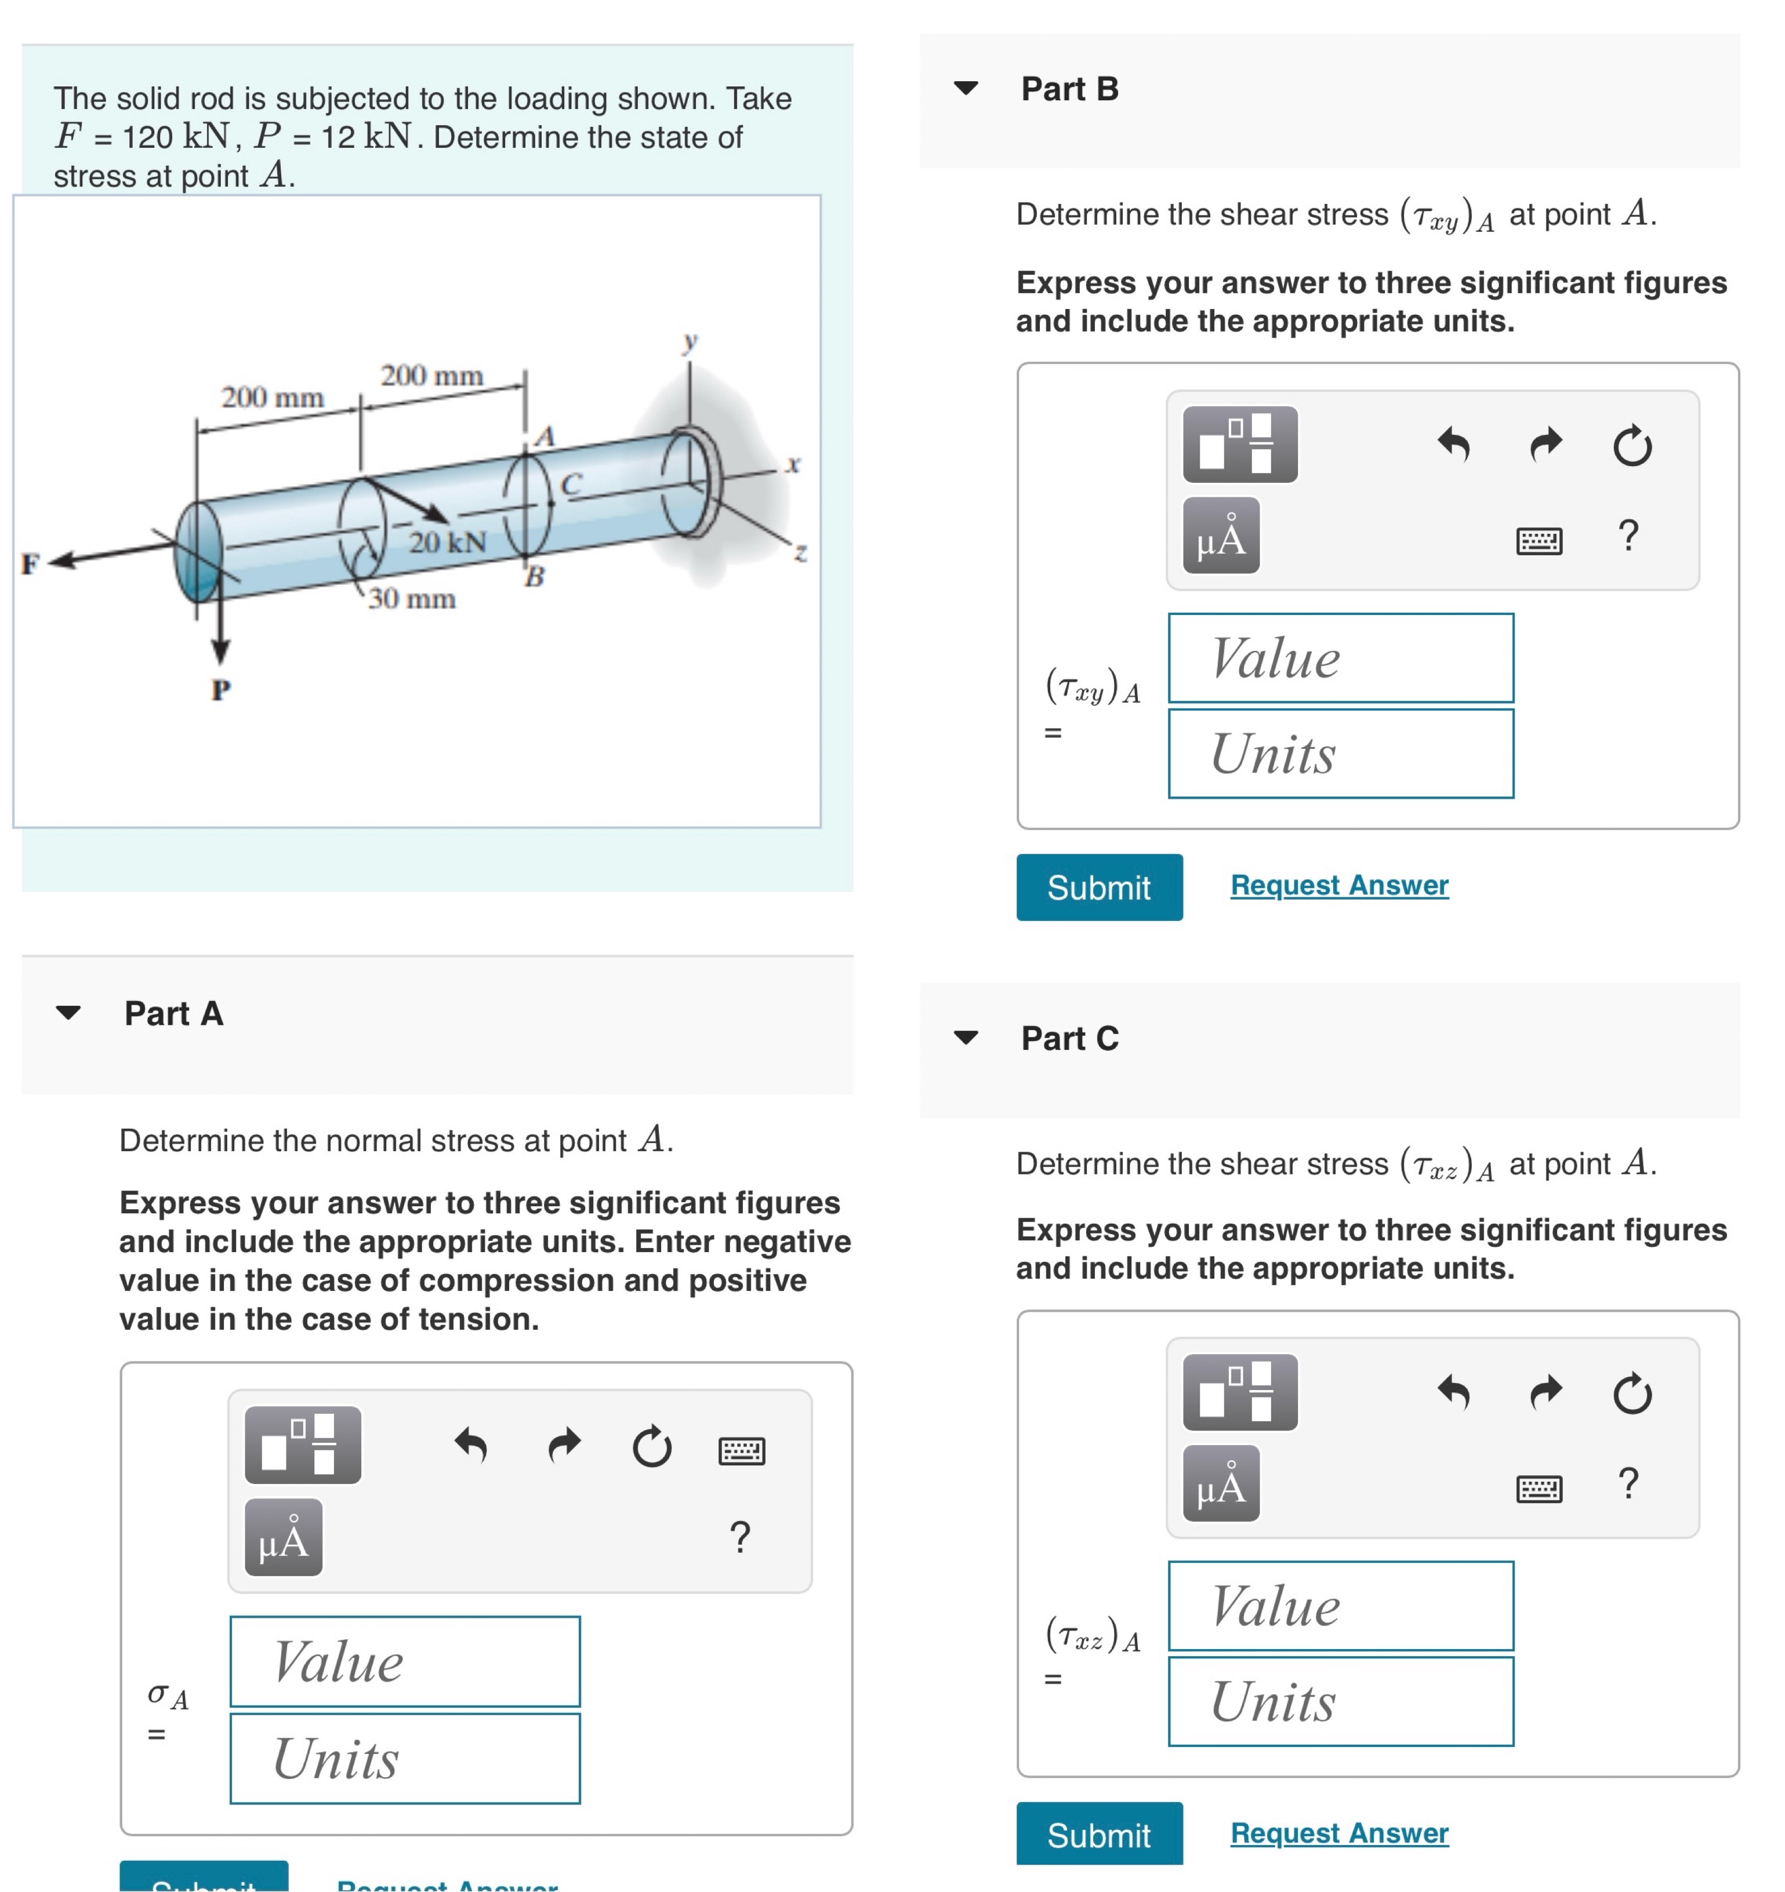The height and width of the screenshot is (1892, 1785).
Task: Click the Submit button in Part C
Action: pyautogui.click(x=1098, y=1834)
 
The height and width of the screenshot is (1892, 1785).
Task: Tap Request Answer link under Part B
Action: pyautogui.click(x=1338, y=885)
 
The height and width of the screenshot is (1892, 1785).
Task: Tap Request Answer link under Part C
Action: pyautogui.click(x=1338, y=1832)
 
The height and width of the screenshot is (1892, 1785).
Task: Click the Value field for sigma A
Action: pyautogui.click(x=405, y=1662)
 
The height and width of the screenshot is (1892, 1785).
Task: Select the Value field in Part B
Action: pyautogui.click(x=1340, y=658)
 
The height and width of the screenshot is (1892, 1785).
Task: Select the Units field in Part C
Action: pyautogui.click(x=1340, y=1702)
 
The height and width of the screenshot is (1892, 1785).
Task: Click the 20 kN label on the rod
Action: pyautogui.click(x=448, y=543)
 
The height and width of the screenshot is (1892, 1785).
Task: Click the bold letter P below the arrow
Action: pyautogui.click(x=221, y=689)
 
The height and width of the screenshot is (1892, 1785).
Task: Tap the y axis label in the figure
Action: pyautogui.click(x=690, y=341)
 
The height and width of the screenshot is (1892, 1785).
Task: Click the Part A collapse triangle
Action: pyautogui.click(x=68, y=1013)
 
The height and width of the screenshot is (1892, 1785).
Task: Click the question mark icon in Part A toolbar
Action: pyautogui.click(x=740, y=1537)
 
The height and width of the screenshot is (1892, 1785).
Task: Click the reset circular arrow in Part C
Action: pyautogui.click(x=1632, y=1393)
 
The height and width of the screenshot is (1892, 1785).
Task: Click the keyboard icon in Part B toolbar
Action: pyautogui.click(x=1539, y=541)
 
